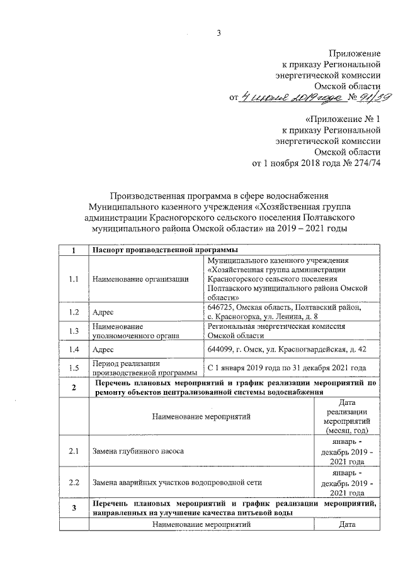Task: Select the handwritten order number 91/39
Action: pyautogui.click(x=375, y=96)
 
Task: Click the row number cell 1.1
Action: pyautogui.click(x=74, y=279)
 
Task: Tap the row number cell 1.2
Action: pyautogui.click(x=74, y=311)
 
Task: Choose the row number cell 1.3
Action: pyautogui.click(x=74, y=331)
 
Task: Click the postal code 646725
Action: pyautogui.click(x=220, y=307)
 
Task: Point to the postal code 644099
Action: pyautogui.click(x=220, y=349)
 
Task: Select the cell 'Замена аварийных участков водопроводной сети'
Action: pyautogui.click(x=177, y=482)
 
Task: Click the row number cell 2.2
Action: pyautogui.click(x=74, y=482)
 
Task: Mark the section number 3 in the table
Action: pyautogui.click(x=74, y=508)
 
